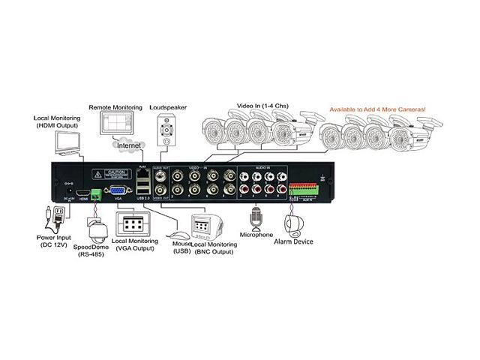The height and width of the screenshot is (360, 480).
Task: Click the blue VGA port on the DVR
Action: (x=117, y=192)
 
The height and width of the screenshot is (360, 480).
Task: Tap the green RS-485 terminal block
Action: (x=95, y=193)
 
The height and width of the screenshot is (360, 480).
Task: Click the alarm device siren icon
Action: (x=293, y=223)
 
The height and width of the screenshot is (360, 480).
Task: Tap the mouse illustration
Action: (x=175, y=224)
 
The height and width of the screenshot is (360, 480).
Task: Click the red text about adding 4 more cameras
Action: (x=377, y=109)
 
